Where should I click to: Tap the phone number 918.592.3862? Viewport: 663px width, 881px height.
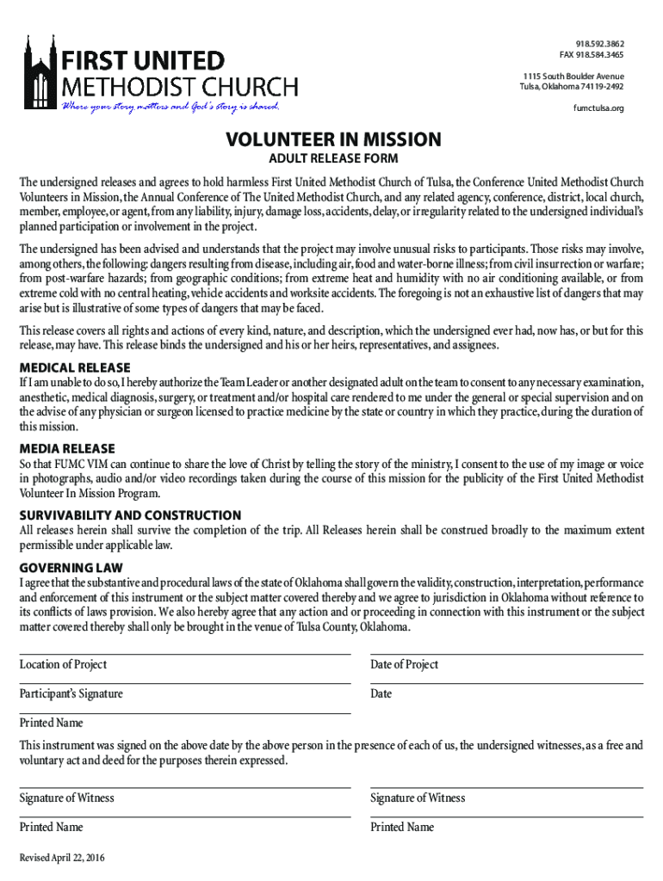600,44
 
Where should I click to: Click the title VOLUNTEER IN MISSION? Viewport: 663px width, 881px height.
333,139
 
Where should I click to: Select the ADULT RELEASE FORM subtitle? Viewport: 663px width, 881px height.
333,161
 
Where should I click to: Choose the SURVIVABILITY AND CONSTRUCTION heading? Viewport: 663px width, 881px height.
130,515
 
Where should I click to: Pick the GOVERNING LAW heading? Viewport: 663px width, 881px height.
71,568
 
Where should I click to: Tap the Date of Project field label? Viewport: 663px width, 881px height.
404,664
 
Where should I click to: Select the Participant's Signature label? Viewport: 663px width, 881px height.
71,693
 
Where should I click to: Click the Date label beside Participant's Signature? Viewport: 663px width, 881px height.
381,693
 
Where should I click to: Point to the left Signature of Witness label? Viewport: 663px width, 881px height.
66,798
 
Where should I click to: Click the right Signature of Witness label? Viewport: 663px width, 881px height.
418,798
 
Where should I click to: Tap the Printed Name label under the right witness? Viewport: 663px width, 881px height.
402,827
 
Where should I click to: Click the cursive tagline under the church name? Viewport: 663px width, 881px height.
169,107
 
